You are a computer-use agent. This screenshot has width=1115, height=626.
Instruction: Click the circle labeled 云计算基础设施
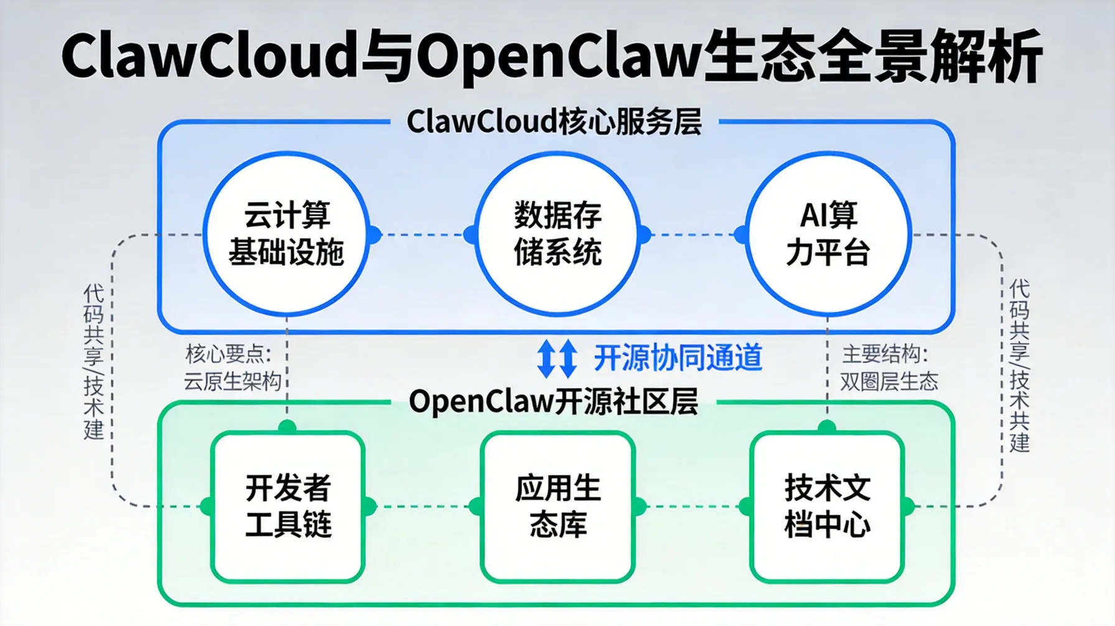[286, 234]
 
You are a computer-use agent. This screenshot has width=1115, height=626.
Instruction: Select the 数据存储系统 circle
[557, 234]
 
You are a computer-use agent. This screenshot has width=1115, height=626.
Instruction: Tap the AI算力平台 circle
[828, 234]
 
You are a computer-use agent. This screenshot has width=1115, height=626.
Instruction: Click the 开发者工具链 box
[287, 507]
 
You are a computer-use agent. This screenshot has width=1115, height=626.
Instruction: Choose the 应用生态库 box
[557, 507]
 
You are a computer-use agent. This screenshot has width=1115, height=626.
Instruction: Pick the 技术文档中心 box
[827, 507]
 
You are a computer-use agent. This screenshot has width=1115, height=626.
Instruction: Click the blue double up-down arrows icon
[556, 359]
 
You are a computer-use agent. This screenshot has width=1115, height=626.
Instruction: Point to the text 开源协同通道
[678, 358]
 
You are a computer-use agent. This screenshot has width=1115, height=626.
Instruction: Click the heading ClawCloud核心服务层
[554, 122]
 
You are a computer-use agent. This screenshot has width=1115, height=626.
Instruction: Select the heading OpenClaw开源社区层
[553, 402]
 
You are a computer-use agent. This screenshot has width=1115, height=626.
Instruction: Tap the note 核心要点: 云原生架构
[231, 367]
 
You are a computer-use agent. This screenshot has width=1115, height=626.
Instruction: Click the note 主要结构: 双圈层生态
[888, 367]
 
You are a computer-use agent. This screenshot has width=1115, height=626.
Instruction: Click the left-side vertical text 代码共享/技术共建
[93, 362]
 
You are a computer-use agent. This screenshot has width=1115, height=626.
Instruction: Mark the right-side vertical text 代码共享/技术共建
[1019, 366]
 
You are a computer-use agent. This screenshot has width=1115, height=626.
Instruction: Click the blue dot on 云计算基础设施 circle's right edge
[373, 235]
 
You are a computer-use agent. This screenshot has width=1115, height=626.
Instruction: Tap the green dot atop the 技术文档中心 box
[827, 427]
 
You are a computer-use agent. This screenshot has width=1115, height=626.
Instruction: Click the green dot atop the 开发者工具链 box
[287, 427]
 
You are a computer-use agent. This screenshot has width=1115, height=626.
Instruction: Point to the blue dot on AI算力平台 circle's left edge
[741, 235]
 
